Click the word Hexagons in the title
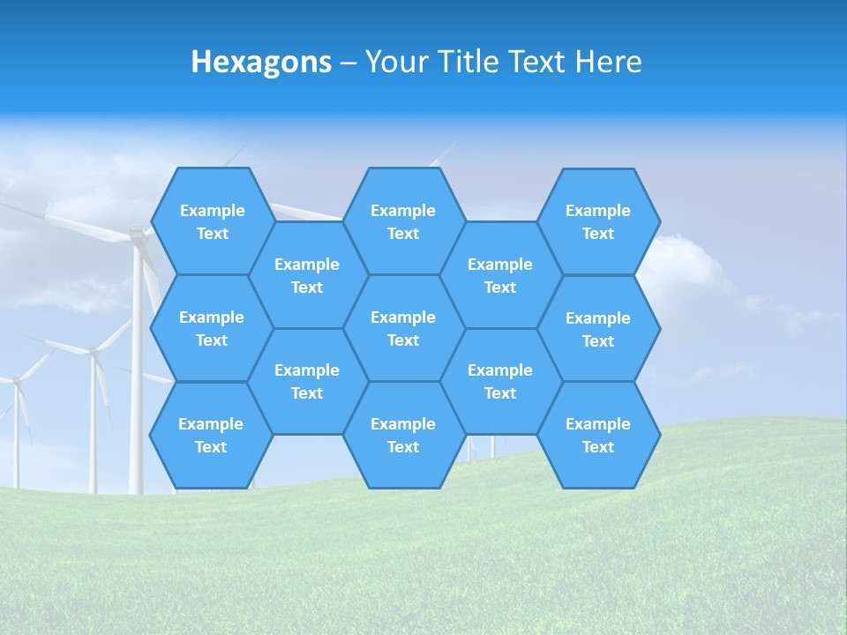click(261, 62)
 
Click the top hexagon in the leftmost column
click(212, 221)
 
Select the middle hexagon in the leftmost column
click(212, 328)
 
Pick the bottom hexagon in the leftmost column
click(211, 435)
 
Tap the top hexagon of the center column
click(403, 221)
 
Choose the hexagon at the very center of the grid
click(403, 328)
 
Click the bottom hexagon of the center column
click(403, 435)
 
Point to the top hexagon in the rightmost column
click(598, 221)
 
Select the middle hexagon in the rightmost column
click(598, 329)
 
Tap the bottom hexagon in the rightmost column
click(598, 435)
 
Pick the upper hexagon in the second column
click(307, 275)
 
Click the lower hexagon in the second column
click(307, 381)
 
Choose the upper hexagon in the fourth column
click(500, 275)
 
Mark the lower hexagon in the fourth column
click(500, 381)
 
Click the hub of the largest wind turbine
click(137, 233)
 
